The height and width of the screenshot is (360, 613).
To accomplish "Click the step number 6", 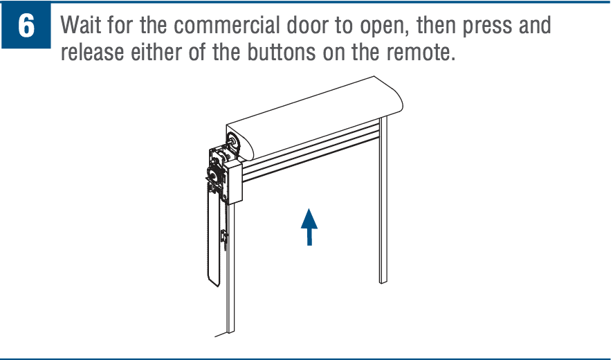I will (x=26, y=27).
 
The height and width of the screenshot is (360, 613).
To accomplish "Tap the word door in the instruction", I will (x=311, y=26).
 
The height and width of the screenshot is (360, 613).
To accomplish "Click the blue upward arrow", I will (x=309, y=227).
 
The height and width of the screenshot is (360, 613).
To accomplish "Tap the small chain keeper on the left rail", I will (x=223, y=237).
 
